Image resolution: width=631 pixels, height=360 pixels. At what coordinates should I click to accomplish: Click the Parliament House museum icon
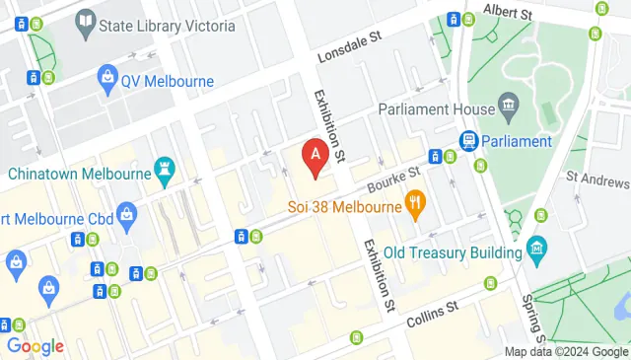coord(508,105)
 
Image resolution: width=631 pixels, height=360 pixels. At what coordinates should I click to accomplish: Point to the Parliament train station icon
coord(468,141)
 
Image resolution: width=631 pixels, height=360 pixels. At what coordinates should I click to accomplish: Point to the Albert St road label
coord(507,13)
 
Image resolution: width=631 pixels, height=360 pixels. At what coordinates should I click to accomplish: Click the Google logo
coord(35,346)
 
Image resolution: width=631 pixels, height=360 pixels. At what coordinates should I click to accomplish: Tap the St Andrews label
coord(597,181)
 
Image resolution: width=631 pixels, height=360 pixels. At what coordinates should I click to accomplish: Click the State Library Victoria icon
coord(85,20)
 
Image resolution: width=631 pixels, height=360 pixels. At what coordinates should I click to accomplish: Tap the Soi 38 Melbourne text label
coord(345,207)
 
